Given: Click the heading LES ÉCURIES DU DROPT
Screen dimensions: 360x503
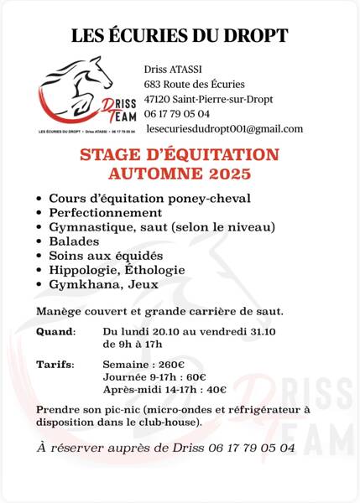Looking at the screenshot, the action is (x=180, y=35).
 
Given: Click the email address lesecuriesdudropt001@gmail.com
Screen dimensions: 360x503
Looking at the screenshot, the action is (x=224, y=128).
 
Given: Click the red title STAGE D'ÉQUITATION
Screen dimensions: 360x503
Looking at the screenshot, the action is (x=179, y=155).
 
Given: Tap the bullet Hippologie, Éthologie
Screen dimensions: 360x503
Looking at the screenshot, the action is (x=117, y=270).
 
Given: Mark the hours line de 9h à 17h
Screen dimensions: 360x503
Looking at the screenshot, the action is (x=131, y=344).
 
